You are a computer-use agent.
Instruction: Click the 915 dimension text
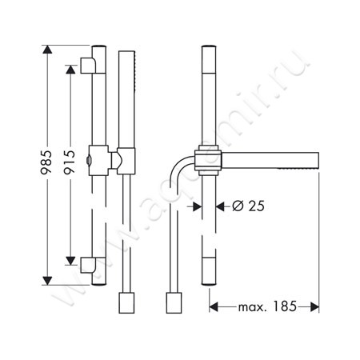click(x=70, y=164)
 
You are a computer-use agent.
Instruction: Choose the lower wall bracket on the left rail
click(x=89, y=262)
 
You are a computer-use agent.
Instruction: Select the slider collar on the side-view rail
click(x=207, y=160)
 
